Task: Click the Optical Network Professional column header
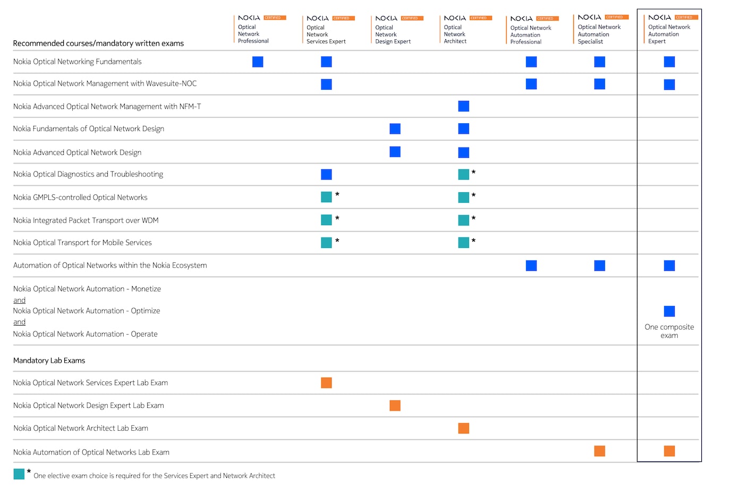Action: [253, 33]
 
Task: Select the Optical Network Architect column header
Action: [455, 34]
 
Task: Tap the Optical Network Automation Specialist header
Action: [599, 34]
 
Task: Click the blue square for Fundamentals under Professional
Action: [258, 62]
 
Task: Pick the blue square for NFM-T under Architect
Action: [463, 106]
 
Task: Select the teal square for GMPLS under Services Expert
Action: [326, 197]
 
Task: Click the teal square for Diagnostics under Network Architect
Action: [463, 174]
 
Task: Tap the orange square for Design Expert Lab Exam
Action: [395, 406]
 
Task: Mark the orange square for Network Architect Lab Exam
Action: [463, 429]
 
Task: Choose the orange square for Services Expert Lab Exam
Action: [326, 383]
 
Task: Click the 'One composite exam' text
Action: [669, 331]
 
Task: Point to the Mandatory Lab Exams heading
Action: [49, 361]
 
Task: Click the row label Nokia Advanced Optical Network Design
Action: [77, 152]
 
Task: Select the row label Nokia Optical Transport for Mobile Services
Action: [82, 243]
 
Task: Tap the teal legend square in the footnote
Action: [19, 474]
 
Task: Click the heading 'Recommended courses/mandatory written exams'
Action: [98, 44]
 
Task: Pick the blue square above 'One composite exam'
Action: [669, 311]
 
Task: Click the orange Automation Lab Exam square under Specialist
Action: [599, 451]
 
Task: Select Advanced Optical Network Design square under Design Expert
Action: [395, 152]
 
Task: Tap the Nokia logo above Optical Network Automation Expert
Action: [659, 18]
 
